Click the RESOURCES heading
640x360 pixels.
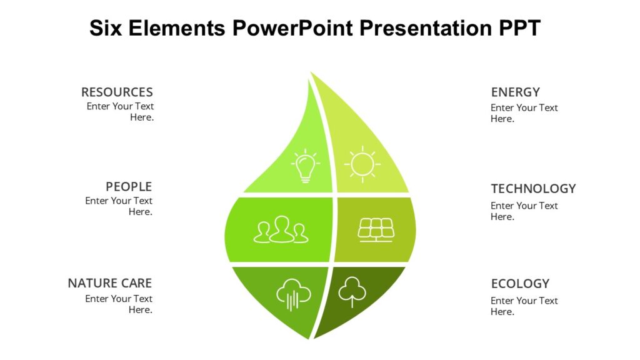click(x=117, y=92)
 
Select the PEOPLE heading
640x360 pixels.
click(x=129, y=187)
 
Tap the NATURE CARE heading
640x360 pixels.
click(x=110, y=284)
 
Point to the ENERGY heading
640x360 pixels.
click(x=515, y=92)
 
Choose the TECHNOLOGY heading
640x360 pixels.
click(x=533, y=189)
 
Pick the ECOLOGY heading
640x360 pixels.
click(x=520, y=284)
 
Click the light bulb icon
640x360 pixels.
click(x=305, y=166)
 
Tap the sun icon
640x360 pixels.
click(x=362, y=164)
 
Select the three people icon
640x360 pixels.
click(x=281, y=229)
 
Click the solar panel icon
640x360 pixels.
click(x=376, y=229)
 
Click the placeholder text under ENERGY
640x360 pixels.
click(x=524, y=113)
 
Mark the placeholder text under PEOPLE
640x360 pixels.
click(x=119, y=206)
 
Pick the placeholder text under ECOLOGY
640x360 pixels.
click(x=524, y=306)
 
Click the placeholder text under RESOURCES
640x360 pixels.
click(x=120, y=112)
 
